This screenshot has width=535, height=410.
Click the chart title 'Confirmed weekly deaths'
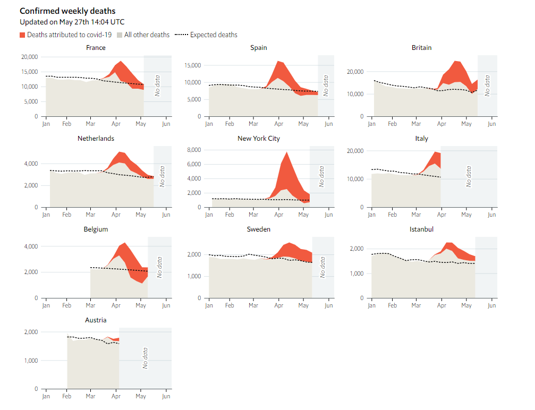[67, 11]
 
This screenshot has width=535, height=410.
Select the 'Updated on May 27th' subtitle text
[72, 22]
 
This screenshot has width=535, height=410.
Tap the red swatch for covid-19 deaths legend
[22, 35]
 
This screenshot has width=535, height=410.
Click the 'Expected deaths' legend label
[214, 35]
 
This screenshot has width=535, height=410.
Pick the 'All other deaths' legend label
[147, 35]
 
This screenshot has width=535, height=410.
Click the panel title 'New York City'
[259, 139]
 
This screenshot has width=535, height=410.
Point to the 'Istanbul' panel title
[421, 229]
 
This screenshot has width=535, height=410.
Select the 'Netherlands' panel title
[96, 139]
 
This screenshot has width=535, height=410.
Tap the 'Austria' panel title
[96, 320]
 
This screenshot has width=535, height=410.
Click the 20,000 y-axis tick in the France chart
[29, 57]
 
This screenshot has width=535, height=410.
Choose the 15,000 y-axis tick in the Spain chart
[191, 65]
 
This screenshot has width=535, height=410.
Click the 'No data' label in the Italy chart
[469, 176]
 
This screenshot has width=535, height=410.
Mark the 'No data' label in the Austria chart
[145, 358]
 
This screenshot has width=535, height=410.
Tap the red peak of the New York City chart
[286, 153]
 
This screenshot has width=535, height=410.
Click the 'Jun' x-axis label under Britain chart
[491, 124]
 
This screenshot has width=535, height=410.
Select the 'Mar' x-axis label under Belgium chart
[91, 305]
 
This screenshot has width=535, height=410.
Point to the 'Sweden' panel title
[259, 229]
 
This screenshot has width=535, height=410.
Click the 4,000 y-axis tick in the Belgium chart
[30, 246]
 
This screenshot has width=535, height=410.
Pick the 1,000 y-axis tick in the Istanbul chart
[355, 274]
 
